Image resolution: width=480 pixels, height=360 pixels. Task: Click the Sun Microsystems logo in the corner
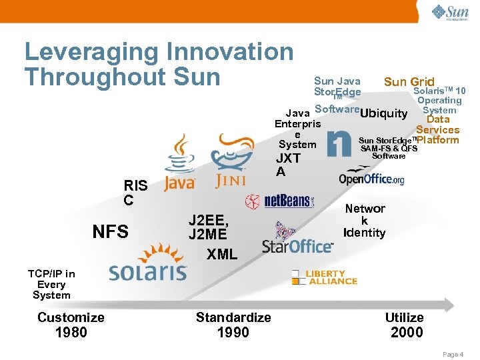click(x=449, y=13)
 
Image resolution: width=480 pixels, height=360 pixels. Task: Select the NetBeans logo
click(x=280, y=201)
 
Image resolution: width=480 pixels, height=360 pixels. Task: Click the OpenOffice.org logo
click(x=371, y=177)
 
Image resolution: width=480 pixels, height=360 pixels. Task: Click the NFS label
click(x=110, y=232)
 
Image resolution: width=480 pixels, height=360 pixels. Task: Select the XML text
click(x=221, y=255)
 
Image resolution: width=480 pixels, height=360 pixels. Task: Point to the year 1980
click(x=71, y=332)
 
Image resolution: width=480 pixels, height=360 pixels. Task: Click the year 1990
click(x=233, y=332)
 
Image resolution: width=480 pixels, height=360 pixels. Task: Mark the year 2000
click(x=407, y=332)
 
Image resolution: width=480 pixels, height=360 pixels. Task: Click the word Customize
click(x=71, y=317)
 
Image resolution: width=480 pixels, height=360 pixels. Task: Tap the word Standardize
click(x=233, y=317)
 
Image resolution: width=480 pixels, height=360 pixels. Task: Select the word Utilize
click(x=405, y=317)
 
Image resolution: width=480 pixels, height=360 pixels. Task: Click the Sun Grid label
click(x=409, y=82)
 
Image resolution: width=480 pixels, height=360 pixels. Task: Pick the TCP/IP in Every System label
click(x=51, y=284)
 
